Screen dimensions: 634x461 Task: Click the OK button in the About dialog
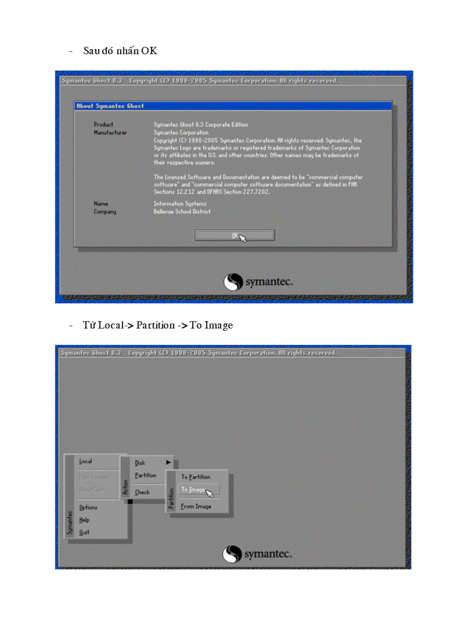234,235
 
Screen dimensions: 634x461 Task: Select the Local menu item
86,461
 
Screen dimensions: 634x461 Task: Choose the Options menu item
88,507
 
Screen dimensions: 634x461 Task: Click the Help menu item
84,519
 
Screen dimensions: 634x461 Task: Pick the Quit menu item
84,532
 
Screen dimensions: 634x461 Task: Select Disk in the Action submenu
140,462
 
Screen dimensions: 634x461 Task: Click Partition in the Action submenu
145,475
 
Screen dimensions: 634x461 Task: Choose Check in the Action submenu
142,492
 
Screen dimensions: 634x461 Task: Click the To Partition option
195,477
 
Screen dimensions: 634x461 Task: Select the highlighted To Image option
193,490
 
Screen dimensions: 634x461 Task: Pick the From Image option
196,506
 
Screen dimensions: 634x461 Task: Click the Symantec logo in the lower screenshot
258,554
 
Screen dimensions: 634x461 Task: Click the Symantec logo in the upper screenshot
259,282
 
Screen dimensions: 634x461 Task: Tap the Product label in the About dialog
103,124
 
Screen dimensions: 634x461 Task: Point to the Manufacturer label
110,132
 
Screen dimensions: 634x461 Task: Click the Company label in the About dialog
105,212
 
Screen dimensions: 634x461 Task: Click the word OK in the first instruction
149,51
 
